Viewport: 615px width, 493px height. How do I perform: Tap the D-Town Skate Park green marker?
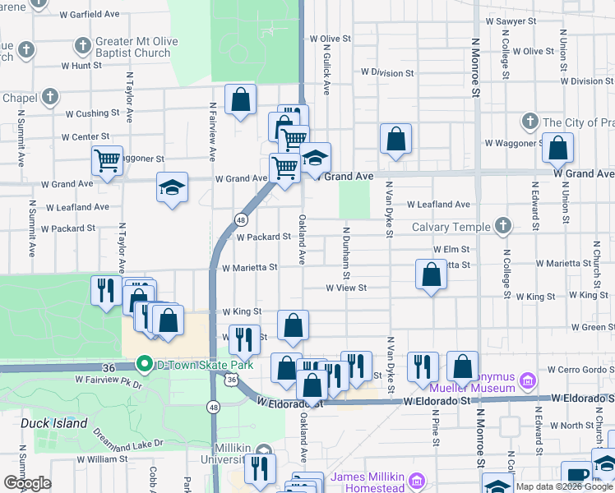pos(145,363)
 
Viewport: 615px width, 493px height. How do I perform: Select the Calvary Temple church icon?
pos(503,226)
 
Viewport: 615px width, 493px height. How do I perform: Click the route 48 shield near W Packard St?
pos(241,220)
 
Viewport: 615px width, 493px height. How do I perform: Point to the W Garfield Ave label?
pos(95,14)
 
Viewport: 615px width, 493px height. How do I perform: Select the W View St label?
pos(345,288)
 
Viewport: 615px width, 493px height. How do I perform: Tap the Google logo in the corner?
pos(28,483)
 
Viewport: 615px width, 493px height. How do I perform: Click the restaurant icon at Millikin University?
pos(260,468)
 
